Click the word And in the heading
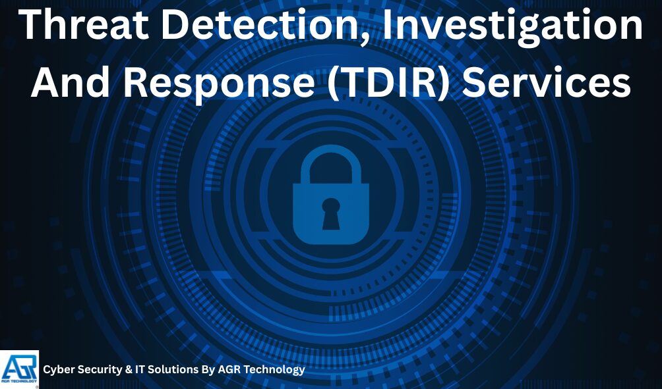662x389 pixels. coord(67,84)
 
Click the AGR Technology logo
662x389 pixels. coord(20,369)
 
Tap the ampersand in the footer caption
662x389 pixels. coord(128,370)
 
